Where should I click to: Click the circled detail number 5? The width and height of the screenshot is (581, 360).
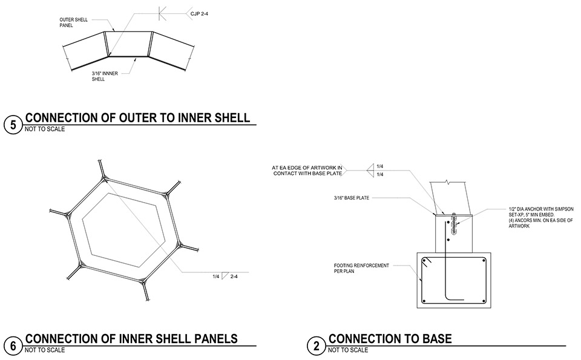click(x=13, y=125)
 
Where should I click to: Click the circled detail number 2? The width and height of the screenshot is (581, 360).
click(x=316, y=346)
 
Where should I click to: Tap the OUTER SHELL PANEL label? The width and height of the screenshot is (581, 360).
click(x=73, y=22)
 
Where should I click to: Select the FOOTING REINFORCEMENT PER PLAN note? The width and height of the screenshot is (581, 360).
click(x=361, y=267)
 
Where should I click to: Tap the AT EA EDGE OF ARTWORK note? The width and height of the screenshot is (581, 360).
click(x=307, y=170)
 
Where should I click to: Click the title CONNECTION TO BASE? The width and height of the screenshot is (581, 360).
click(x=390, y=339)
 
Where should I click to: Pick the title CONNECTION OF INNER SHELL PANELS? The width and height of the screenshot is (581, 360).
click(x=131, y=339)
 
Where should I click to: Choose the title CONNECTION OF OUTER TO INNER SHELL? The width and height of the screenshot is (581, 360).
click(x=137, y=117)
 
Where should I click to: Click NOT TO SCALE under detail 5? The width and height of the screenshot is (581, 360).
click(x=45, y=129)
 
